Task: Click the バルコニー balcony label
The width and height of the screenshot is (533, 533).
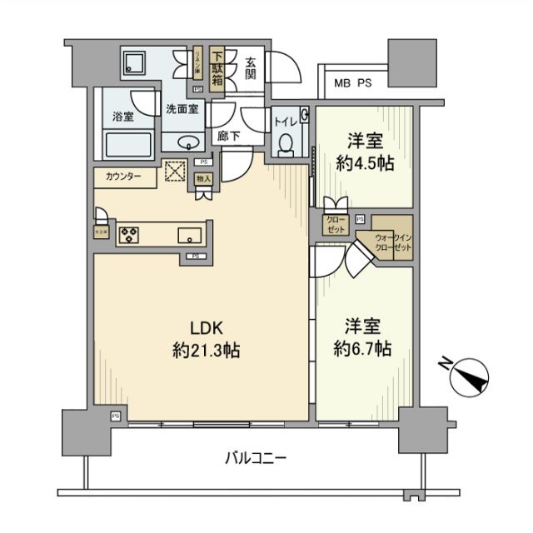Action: (x=256, y=457)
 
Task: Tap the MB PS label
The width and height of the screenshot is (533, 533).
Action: (x=354, y=83)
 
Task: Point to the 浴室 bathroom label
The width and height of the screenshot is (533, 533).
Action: (x=122, y=117)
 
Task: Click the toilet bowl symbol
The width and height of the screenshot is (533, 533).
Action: (x=286, y=144)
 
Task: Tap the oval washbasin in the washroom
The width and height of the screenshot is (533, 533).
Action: (x=187, y=141)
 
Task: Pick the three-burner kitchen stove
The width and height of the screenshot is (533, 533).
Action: (x=131, y=235)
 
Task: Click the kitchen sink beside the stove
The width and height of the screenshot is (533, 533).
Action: (x=190, y=234)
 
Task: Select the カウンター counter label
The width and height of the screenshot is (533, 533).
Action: (x=123, y=177)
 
